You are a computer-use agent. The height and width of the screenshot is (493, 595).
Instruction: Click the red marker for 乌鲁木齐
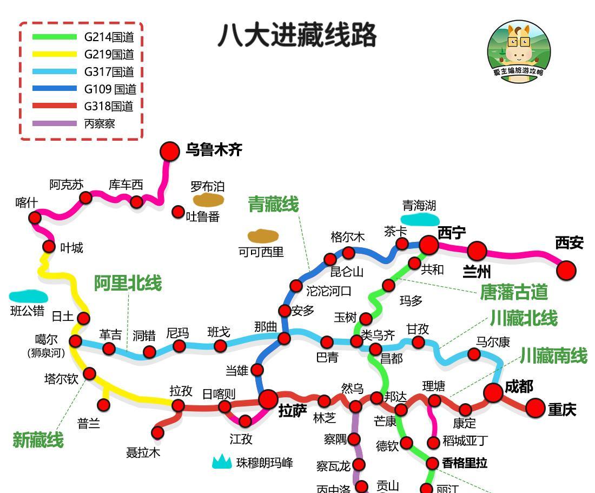tap(170, 152)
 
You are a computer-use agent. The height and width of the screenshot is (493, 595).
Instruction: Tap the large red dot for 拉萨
tap(268, 400)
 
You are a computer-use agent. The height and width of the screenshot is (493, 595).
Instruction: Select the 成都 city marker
tap(493, 393)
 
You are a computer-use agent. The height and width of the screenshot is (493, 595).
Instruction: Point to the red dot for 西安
tap(566, 270)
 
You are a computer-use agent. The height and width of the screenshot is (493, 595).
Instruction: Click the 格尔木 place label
tap(348, 237)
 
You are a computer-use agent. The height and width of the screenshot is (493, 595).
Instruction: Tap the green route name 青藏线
tap(273, 205)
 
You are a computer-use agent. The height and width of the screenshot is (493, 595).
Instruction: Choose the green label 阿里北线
tap(128, 283)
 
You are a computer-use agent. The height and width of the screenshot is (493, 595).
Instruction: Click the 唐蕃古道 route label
tap(513, 292)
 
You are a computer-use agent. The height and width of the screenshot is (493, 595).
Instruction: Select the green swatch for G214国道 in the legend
tap(55, 37)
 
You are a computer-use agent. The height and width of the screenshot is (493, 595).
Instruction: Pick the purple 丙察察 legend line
tap(55, 123)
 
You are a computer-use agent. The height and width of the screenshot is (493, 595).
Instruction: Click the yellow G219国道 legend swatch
tap(55, 54)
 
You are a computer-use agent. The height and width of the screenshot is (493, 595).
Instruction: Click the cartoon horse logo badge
tap(519, 52)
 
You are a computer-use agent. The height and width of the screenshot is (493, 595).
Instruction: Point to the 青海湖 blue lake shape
tap(420, 219)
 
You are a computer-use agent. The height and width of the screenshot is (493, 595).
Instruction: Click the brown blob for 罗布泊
tap(208, 200)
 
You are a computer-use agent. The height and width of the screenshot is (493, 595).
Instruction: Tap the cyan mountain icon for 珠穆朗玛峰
tap(222, 462)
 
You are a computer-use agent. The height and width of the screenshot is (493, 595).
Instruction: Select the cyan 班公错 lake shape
tap(29, 297)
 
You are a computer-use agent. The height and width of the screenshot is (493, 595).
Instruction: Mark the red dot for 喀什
tap(35, 218)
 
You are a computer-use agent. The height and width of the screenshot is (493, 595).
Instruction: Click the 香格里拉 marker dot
tap(432, 463)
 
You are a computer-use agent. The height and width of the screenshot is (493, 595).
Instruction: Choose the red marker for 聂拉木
tap(157, 432)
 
